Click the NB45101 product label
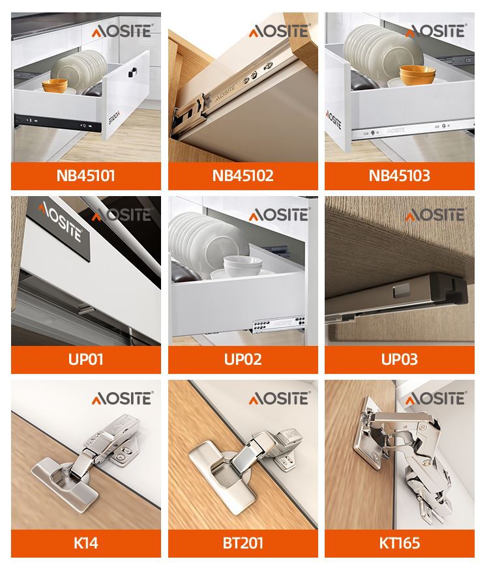click(x=85, y=176)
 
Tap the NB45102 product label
click(x=243, y=176)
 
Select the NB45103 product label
click(x=400, y=176)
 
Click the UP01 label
click(x=85, y=360)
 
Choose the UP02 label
click(x=243, y=360)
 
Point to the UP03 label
click(x=400, y=360)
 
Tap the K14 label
click(x=85, y=543)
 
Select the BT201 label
click(x=243, y=543)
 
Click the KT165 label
click(x=400, y=543)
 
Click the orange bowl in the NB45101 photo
click(x=55, y=86)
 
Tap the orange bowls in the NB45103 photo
click(x=417, y=75)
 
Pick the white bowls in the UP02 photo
click(x=243, y=266)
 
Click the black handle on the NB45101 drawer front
click(x=132, y=72)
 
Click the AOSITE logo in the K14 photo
click(x=122, y=399)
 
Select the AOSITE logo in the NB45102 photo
click(x=280, y=31)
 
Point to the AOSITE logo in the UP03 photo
click(x=436, y=215)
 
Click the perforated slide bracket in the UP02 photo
click(x=278, y=324)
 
